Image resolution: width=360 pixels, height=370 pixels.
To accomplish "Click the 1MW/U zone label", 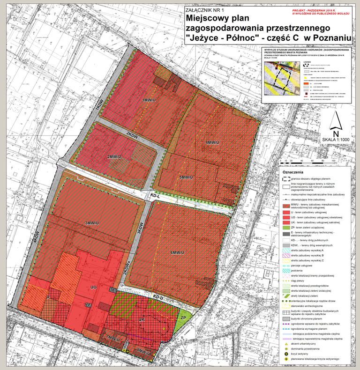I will [x=149, y=100].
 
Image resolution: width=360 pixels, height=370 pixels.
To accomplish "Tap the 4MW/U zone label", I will [x=213, y=143].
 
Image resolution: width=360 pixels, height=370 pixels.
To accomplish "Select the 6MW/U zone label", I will [x=178, y=253].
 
